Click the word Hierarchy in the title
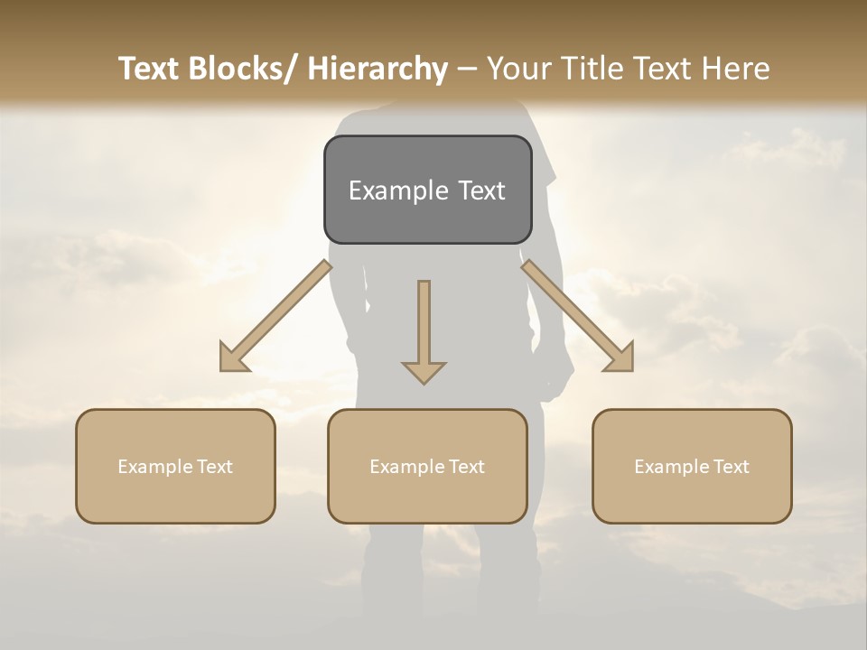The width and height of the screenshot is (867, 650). tap(378, 69)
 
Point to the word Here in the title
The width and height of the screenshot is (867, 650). tap(738, 69)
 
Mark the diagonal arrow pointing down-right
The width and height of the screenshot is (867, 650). tap(578, 316)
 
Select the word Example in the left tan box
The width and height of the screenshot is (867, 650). tap(155, 467)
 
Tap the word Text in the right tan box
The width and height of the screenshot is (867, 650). tap(731, 467)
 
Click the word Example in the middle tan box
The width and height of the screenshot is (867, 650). tap(407, 467)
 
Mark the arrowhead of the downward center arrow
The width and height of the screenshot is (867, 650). tap(424, 371)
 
